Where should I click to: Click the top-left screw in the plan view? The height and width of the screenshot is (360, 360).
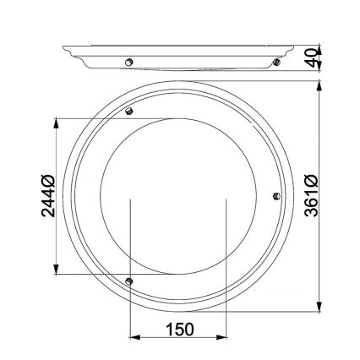(128, 112)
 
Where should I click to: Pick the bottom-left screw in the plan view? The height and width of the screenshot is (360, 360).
(128, 280)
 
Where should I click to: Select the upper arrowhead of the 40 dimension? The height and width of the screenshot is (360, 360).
(320, 46)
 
